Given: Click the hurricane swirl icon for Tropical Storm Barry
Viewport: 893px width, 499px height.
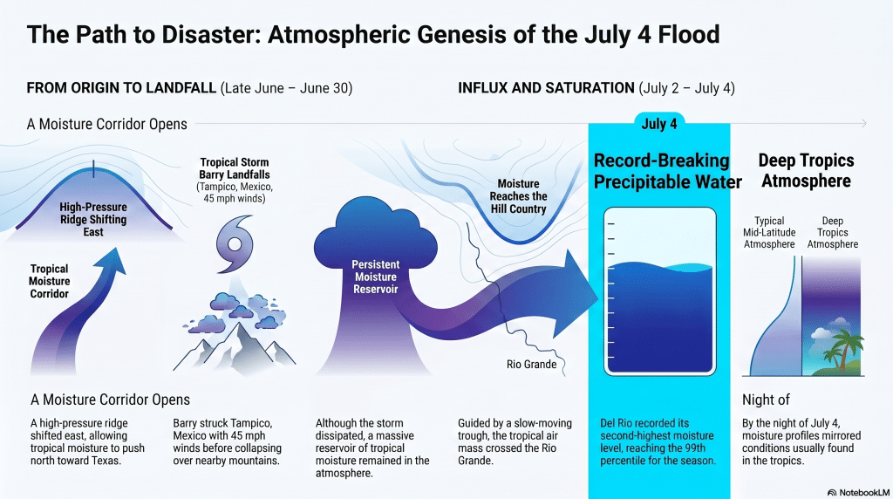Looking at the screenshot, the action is coord(235,244).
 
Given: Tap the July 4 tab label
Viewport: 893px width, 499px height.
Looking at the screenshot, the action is coord(659,124).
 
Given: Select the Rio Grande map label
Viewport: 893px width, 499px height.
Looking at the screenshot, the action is coord(531,365).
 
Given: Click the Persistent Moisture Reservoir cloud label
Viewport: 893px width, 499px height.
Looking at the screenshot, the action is coord(375,277).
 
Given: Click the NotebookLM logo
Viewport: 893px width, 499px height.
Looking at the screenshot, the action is coord(858,492).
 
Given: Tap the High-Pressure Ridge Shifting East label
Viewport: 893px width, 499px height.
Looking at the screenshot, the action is coord(93,219).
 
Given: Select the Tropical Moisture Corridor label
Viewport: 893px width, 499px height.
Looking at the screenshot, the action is coord(50,282).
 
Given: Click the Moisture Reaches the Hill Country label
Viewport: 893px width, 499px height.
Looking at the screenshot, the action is coord(518,196).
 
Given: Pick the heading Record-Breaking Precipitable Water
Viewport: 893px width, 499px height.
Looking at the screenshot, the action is coord(667,171).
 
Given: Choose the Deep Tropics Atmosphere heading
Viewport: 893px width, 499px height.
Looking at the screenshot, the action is coord(806,170).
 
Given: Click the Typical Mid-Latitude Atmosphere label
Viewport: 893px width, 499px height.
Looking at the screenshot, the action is coord(769,232).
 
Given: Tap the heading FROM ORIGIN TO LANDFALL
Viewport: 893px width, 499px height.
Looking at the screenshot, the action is coord(121,88).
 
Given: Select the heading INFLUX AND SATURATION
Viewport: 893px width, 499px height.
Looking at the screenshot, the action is coord(546,88).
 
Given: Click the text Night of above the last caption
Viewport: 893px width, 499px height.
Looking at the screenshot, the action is coord(766,400).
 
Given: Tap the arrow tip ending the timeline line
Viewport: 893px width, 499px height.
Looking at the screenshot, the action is coord(865,123).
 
